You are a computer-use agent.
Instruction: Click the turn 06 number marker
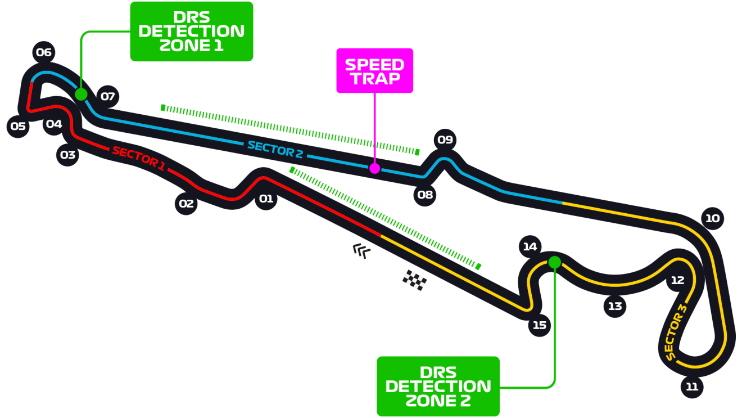point(43,53)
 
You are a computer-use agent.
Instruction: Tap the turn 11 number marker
point(692,386)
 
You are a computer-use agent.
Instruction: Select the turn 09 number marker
point(445,140)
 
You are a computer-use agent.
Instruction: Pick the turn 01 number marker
point(266,199)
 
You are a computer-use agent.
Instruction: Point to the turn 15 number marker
point(540,325)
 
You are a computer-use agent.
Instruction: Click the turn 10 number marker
point(712,218)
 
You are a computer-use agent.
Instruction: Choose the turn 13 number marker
point(615,306)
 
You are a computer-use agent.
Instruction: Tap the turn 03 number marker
point(67,154)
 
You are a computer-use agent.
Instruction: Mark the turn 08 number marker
point(425,195)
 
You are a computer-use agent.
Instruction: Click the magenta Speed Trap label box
point(374,71)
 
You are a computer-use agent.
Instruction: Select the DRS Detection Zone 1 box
point(192,31)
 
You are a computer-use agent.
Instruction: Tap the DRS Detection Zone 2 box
point(438,386)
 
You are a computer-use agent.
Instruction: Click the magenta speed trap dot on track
point(374,168)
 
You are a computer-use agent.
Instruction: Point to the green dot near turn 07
point(81,94)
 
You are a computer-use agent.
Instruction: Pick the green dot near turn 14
point(554,262)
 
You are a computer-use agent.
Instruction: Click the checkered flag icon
point(414,280)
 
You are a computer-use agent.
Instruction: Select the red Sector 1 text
point(138,159)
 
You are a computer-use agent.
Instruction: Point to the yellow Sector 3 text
point(676,332)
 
